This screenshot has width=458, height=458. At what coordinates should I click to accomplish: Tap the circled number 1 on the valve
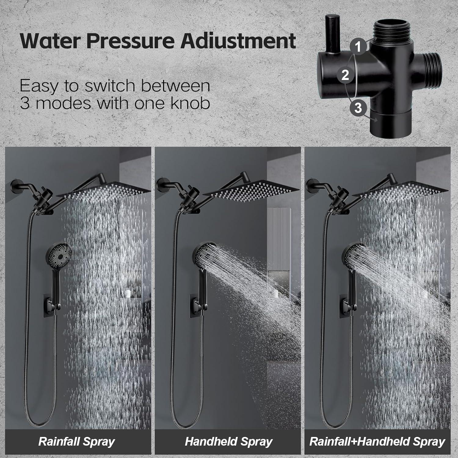pos(358,46)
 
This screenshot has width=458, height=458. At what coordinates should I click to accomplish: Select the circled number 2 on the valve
pos(345,75)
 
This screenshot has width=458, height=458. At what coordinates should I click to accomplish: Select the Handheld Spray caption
pos(228,442)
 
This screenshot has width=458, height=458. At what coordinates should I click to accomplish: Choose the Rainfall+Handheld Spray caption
pos(377,442)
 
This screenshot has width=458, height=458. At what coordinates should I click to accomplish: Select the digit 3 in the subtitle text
pos(24,103)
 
